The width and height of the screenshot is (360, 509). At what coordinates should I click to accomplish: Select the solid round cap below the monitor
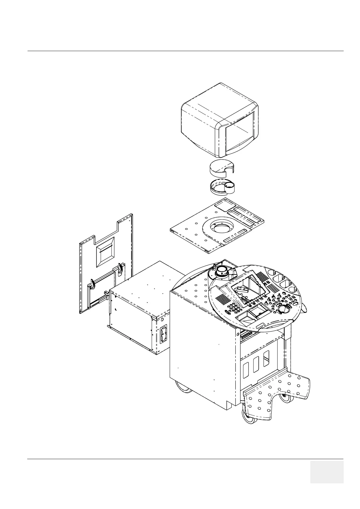222,168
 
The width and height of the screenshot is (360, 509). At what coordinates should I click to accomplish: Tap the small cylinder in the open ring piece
229,187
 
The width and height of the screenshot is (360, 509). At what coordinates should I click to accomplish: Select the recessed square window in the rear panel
105,256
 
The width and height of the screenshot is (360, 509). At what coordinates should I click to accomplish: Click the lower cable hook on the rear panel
91,284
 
